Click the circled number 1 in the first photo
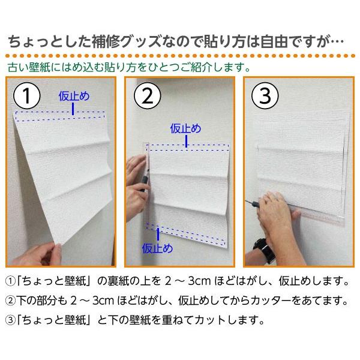(x=27, y=96)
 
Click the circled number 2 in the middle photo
(x=148, y=96)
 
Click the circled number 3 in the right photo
(x=265, y=96)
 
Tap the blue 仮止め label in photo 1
(x=74, y=96)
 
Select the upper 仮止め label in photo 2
(x=185, y=128)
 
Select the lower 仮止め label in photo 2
(x=157, y=248)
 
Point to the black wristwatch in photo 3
(x=265, y=251)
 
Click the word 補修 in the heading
(x=106, y=41)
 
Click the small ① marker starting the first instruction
(x=10, y=281)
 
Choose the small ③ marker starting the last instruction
(x=10, y=320)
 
